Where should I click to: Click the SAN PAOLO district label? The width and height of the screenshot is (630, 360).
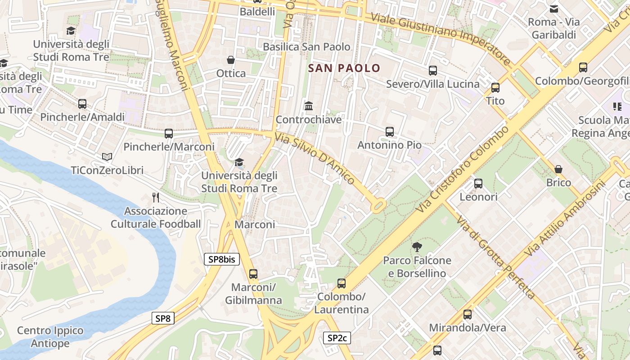click(344, 68)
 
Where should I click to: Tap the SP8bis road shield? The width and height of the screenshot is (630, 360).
click(222, 259)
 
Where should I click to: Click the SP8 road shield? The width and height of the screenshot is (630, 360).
click(162, 319)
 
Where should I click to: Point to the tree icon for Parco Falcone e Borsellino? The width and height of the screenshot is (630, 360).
click(417, 247)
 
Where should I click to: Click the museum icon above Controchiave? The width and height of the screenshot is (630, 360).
click(309, 106)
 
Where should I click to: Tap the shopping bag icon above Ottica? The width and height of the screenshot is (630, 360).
click(231, 60)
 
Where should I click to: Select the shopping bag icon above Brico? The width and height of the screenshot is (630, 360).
click(558, 169)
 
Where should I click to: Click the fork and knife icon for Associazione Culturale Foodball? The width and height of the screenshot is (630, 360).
click(156, 197)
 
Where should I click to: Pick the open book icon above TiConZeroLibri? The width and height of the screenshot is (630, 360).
click(107, 157)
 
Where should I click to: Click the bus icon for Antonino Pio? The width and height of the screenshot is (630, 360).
click(390, 132)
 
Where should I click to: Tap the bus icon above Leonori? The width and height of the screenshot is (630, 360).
click(478, 184)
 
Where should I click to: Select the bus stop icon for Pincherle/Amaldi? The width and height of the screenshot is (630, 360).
click(82, 104)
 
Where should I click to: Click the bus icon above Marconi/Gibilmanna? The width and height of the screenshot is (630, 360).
click(253, 274)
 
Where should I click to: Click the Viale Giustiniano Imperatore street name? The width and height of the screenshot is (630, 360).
click(441, 39)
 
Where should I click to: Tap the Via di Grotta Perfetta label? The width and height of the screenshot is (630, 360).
click(496, 258)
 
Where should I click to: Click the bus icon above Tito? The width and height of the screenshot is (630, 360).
click(495, 88)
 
